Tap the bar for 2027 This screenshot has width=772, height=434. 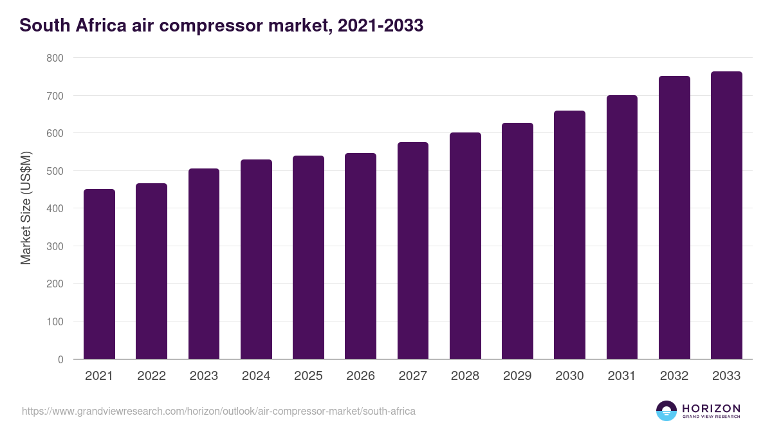coord(413,251)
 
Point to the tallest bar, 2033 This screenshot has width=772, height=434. coord(726,215)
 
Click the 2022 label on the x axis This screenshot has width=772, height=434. coord(151,376)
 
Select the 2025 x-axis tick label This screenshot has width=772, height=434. coord(308,376)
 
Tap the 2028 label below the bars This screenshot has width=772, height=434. coord(465,376)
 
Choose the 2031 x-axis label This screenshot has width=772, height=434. coord(621,376)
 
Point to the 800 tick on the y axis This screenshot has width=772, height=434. coord(55,58)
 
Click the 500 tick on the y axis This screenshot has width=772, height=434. coord(55,171)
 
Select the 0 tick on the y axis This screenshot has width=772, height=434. coord(60,359)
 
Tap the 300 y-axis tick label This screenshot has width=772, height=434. coord(55,246)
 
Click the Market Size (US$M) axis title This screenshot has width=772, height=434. coord(26,208)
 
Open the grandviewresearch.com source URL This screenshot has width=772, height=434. coord(219,411)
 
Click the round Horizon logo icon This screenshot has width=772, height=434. coord(666,411)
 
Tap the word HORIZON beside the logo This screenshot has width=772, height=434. coord(711,408)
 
